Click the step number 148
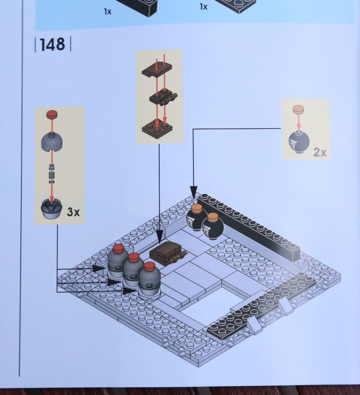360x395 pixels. click(52, 44)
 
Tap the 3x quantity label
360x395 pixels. click(73, 212)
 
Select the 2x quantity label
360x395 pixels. click(320, 152)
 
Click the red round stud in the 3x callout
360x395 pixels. click(52, 114)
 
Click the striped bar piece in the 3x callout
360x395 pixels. click(52, 174)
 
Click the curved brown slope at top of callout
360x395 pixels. click(157, 69)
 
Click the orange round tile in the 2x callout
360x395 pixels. click(298, 109)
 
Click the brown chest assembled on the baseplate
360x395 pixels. click(168, 253)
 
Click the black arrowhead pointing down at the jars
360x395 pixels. click(194, 192)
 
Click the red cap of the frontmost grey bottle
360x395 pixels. click(149, 266)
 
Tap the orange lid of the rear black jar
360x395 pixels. click(197, 208)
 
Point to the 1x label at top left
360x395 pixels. click(108, 11)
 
